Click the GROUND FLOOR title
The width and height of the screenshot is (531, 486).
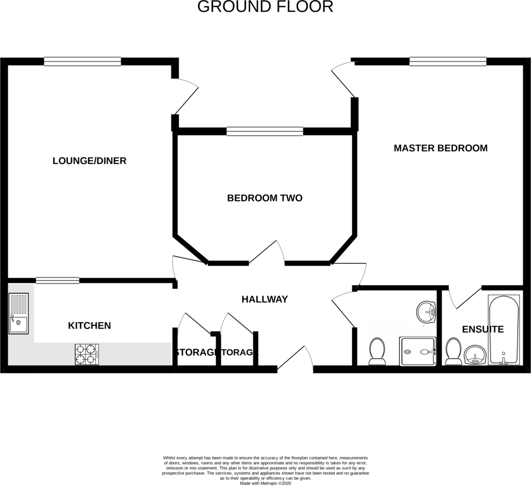tap(265, 7)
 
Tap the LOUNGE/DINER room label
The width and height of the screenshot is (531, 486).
tap(89, 161)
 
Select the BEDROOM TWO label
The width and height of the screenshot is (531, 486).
tap(265, 198)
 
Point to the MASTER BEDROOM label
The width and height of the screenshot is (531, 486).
tap(440, 148)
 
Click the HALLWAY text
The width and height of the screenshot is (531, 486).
tap(265, 299)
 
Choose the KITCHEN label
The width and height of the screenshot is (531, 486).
tap(89, 325)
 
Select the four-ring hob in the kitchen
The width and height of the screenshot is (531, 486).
tap(87, 354)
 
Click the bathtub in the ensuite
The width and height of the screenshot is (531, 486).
tap(504, 330)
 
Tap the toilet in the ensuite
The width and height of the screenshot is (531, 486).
tap(453, 352)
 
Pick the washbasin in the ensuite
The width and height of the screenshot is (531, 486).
tap(475, 355)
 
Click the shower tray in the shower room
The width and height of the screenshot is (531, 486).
tap(418, 352)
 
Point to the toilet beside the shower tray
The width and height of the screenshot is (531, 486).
tap(377, 352)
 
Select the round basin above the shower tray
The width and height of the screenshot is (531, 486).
tap(426, 312)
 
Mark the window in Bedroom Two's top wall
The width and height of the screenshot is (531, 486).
tap(265, 131)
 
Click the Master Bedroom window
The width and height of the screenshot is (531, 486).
tap(447, 62)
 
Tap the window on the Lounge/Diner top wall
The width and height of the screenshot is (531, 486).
tap(82, 62)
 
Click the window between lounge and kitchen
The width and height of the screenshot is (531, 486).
tap(58, 280)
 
